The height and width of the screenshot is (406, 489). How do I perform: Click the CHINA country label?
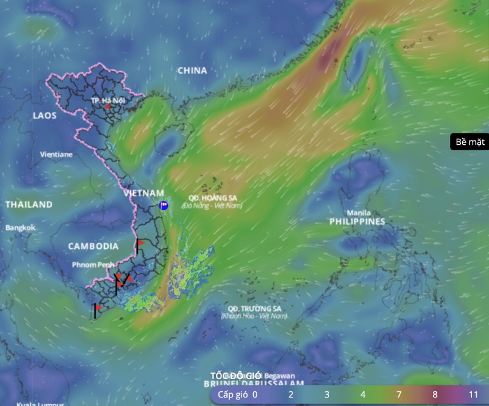click(192, 71)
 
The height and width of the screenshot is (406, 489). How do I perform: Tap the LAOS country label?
click(44, 115)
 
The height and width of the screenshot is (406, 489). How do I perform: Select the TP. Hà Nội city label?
click(108, 100)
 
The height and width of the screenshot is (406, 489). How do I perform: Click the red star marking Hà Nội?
click(108, 107)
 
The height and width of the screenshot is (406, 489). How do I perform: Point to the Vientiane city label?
click(56, 155)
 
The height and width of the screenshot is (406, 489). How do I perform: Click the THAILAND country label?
click(29, 205)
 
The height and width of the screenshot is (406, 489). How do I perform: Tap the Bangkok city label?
click(21, 228)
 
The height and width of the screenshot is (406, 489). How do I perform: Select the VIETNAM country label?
click(144, 193)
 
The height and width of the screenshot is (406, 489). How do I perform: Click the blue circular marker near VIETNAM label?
click(163, 206)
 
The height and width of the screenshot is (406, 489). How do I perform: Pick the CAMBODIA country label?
click(93, 247)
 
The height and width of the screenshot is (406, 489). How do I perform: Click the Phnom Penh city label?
click(93, 265)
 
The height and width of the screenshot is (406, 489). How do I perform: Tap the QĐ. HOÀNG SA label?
click(212, 198)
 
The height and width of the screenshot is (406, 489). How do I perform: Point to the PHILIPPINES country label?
click(358, 222)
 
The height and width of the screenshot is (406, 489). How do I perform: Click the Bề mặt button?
click(470, 142)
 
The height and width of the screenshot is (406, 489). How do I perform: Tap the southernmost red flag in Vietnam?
click(98, 308)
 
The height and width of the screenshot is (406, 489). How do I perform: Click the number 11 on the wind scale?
click(473, 394)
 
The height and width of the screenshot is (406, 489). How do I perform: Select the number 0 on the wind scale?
click(255, 394)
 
